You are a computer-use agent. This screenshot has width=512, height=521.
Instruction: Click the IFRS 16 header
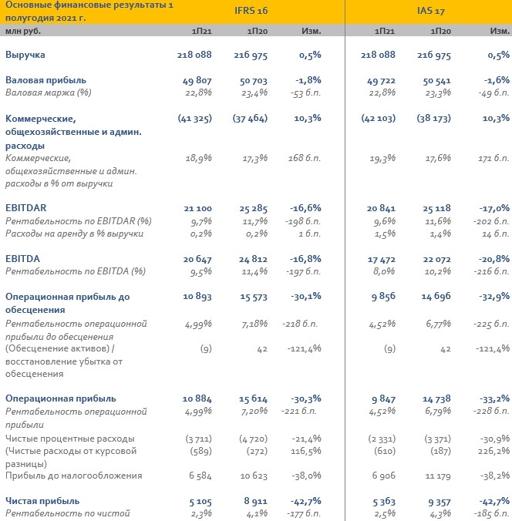pyautogui.click(x=251, y=11)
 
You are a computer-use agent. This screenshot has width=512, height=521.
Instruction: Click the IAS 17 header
pyautogui.click(x=431, y=11)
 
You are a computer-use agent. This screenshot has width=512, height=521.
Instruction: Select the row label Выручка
pyautogui.click(x=25, y=55)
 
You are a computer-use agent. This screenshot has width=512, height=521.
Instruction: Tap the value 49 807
pyautogui.click(x=197, y=80)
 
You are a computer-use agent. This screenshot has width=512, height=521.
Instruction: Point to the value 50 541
pyautogui.click(x=436, y=80)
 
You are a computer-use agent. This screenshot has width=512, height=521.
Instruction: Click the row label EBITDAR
pyautogui.click(x=26, y=208)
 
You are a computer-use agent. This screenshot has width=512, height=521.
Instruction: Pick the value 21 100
pyautogui.click(x=198, y=208)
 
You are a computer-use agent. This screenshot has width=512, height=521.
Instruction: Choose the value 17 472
pyautogui.click(x=382, y=259)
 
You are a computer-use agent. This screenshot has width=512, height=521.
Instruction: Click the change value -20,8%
pyautogui.click(x=494, y=259)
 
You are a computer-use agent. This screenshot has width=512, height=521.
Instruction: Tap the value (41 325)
pyautogui.click(x=195, y=119)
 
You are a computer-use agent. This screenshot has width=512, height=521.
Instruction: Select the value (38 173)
pyautogui.click(x=434, y=119)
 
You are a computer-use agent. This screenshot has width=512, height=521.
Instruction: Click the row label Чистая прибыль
pyautogui.click(x=42, y=501)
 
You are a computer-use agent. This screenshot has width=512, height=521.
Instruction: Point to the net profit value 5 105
pyautogui.click(x=200, y=502)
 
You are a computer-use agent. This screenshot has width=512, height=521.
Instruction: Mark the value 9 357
pyautogui.click(x=440, y=502)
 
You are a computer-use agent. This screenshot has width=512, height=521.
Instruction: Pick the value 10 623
pyautogui.click(x=254, y=476)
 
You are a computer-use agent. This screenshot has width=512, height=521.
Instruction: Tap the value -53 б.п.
pyautogui.click(x=306, y=92)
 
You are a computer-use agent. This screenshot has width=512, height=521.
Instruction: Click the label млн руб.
pyautogui.click(x=23, y=32)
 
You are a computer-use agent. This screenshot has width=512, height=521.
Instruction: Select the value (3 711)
pyautogui.click(x=198, y=439)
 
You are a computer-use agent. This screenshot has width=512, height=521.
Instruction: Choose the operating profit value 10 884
pyautogui.click(x=197, y=398)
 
